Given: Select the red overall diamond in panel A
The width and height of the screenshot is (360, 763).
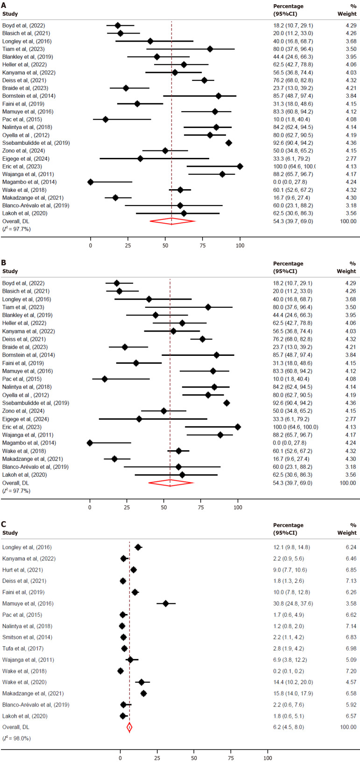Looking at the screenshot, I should (172, 221).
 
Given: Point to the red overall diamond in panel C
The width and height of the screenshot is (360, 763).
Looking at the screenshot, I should (129, 727).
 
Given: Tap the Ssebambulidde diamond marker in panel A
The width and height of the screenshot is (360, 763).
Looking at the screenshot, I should (229, 143).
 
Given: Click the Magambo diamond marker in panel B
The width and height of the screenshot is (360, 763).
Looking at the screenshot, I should (90, 443).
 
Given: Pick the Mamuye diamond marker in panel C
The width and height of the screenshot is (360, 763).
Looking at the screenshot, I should (166, 603).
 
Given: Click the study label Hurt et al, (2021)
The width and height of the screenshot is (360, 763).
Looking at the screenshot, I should (22, 570).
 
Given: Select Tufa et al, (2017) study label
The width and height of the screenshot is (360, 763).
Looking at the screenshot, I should (22, 649).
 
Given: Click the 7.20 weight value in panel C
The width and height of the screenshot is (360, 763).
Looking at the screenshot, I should (350, 671).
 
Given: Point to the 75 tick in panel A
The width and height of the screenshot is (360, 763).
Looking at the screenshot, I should (203, 245).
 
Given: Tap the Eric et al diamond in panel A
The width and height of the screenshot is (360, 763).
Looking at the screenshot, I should (240, 166).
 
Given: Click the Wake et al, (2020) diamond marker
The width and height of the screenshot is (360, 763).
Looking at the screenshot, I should (141, 682).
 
